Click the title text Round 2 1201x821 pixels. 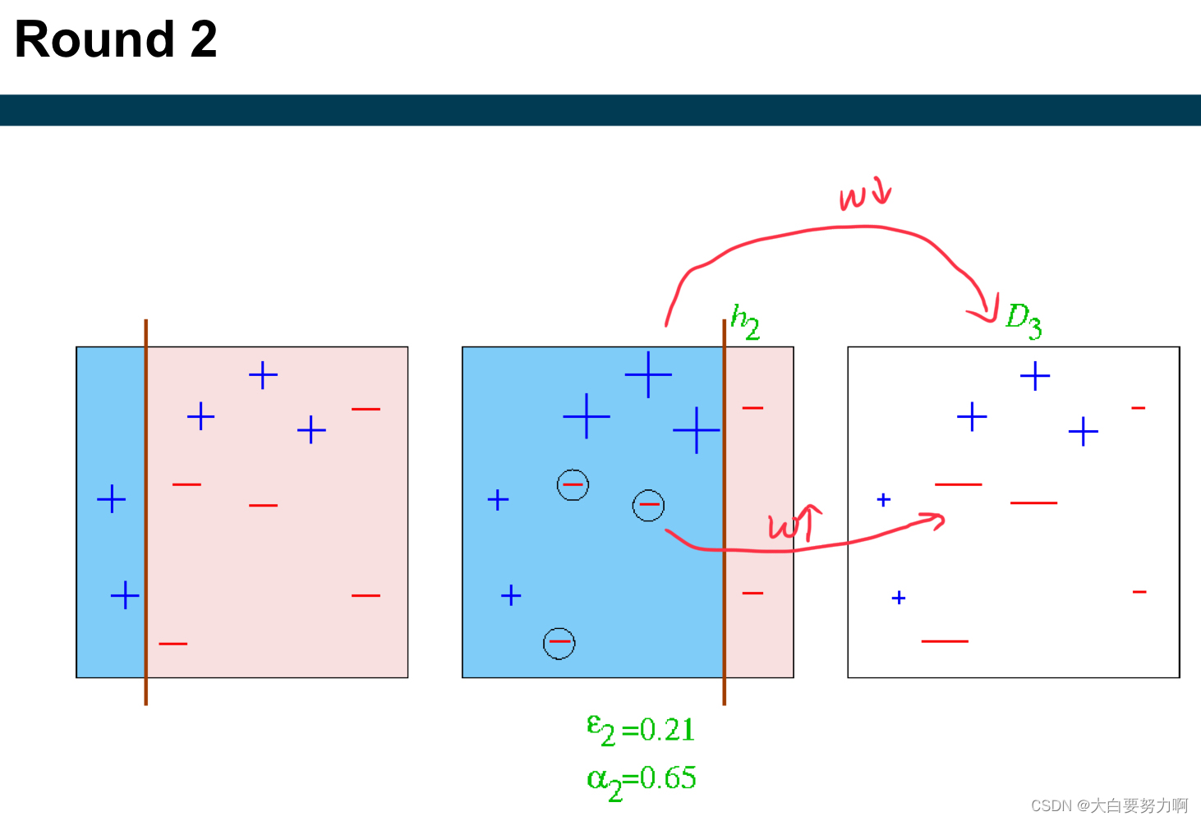click(x=116, y=39)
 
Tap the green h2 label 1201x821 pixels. click(x=745, y=321)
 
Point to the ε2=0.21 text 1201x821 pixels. click(x=641, y=729)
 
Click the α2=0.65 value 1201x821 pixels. click(x=642, y=778)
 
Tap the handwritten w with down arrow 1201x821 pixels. click(x=864, y=195)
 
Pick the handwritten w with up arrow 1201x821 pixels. click(x=794, y=523)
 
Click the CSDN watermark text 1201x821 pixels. click(x=1109, y=805)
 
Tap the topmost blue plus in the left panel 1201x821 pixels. click(x=263, y=375)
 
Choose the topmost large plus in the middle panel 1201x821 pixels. click(x=648, y=374)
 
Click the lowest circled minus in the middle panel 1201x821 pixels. click(x=559, y=643)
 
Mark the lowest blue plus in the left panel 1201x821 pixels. click(x=125, y=595)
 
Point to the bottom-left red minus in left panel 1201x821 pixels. click(x=173, y=644)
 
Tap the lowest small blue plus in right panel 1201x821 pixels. click(x=899, y=598)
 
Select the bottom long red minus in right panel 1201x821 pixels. click(x=945, y=640)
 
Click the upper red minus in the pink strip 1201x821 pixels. click(x=752, y=408)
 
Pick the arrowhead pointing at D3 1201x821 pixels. click(x=985, y=313)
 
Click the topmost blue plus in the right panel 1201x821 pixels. click(x=1035, y=376)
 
